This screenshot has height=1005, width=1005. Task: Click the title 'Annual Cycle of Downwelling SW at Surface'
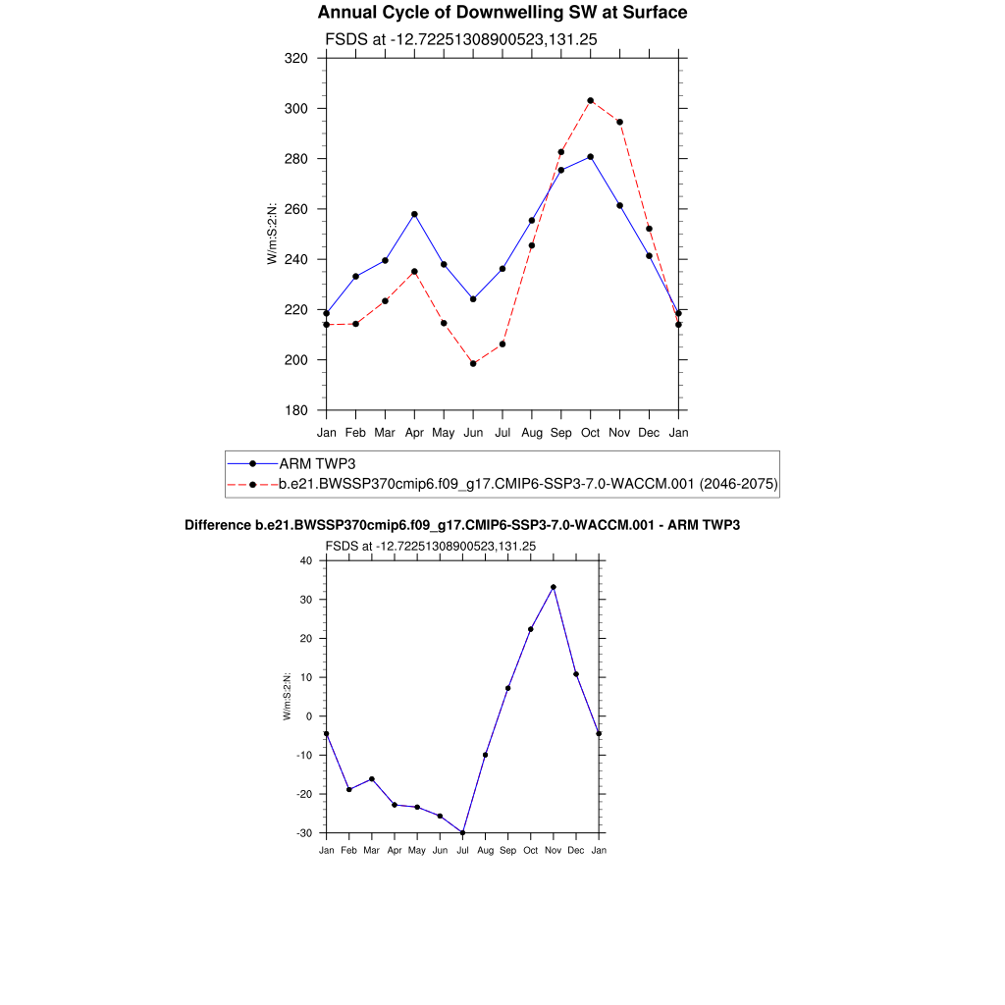[x=502, y=13]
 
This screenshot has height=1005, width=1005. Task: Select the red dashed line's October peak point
[x=591, y=100]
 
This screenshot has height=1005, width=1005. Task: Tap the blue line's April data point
[x=414, y=214]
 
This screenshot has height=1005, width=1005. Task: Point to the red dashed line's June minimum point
[x=473, y=363]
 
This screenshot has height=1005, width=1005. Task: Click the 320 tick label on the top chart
[x=296, y=58]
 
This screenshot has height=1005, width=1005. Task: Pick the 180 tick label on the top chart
[x=296, y=410]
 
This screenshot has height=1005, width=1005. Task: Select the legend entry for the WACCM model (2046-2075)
[x=528, y=484]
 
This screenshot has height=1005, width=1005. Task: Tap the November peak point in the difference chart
[x=554, y=587]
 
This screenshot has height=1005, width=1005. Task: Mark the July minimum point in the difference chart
[x=462, y=832]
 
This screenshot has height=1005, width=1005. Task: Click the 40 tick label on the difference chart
[x=305, y=560]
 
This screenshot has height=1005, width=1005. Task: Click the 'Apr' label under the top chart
[x=414, y=432]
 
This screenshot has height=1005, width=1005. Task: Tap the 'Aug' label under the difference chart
[x=485, y=850]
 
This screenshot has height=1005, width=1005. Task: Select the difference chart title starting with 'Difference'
[x=462, y=526]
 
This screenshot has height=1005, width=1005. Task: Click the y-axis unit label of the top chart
[x=272, y=234]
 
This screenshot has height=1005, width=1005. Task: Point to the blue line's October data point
[x=591, y=157]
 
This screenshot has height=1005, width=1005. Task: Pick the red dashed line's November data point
[x=620, y=122]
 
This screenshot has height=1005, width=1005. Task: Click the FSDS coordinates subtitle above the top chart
[x=461, y=39]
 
